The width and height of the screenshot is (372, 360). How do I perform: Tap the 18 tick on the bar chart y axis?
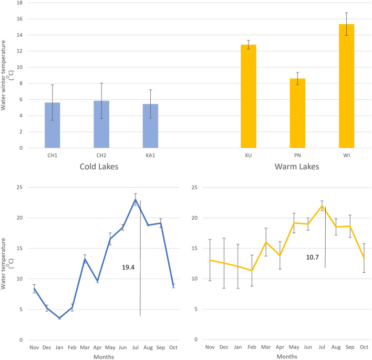pos(22,3)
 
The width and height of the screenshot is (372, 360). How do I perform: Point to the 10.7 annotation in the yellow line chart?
pos(314,258)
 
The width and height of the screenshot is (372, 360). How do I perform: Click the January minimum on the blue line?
pos(59,318)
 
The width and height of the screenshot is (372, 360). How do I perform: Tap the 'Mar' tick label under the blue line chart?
pos(85,347)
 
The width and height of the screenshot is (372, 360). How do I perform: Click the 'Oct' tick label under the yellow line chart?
pos(363,347)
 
